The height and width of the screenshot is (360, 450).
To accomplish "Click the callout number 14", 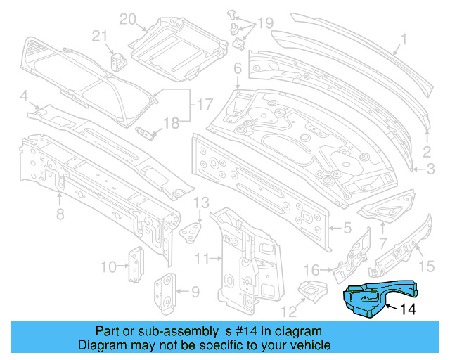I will tap(409, 308).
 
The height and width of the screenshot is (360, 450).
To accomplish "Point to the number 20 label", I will tap(127, 18).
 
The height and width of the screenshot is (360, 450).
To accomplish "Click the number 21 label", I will tap(100, 37).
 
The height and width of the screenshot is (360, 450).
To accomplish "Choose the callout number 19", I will tap(264, 23).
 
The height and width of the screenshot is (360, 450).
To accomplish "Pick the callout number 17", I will tap(203, 105).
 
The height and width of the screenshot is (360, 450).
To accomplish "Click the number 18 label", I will tap(172, 123).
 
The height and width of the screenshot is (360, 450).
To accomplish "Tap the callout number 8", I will tap(60, 213).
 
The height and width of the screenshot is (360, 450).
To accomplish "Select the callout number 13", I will tap(201, 202).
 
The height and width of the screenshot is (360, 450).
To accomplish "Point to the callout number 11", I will tap(202, 259).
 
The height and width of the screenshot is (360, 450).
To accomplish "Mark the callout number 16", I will tap(310, 269).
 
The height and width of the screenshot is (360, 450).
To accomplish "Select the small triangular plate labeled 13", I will tap(191, 230).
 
